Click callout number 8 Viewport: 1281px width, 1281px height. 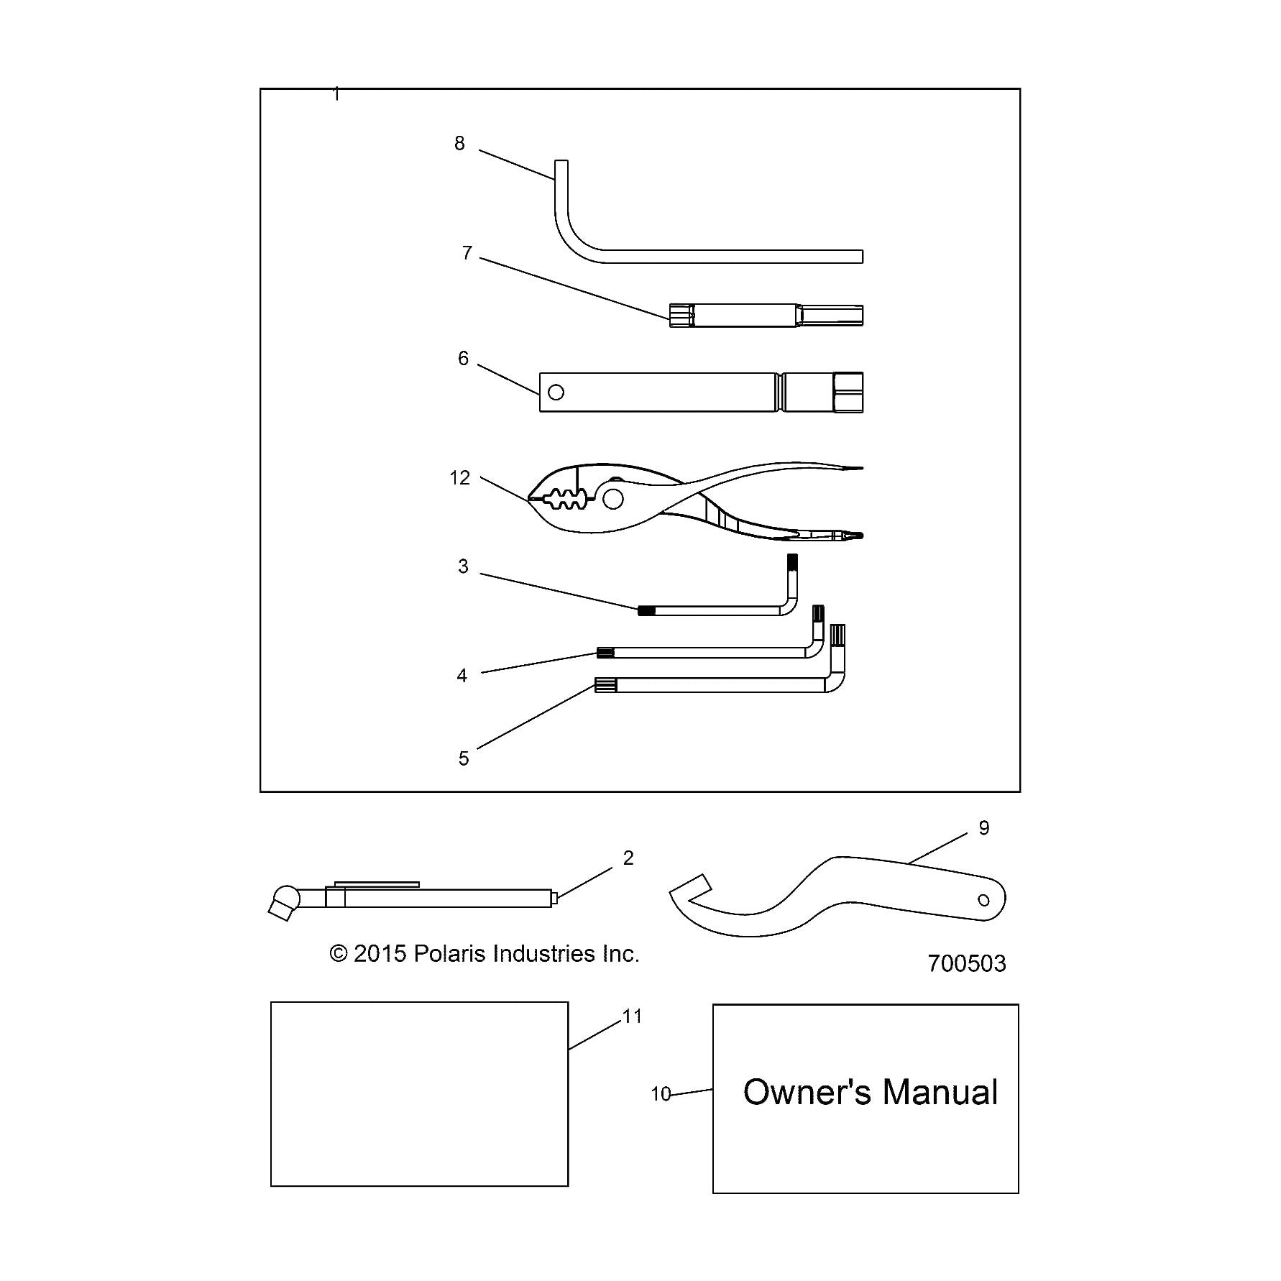click(459, 144)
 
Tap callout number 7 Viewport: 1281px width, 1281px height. click(467, 253)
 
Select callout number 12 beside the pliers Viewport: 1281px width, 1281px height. click(460, 478)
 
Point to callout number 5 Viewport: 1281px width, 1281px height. click(464, 758)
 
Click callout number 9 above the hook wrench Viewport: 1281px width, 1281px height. click(984, 828)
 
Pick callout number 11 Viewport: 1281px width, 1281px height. click(633, 1016)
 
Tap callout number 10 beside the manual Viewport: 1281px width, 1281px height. click(661, 1094)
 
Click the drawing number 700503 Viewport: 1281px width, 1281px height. click(967, 963)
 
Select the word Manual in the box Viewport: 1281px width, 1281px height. click(940, 1092)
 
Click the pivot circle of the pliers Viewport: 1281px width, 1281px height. click(613, 498)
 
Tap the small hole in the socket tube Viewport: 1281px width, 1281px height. click(556, 392)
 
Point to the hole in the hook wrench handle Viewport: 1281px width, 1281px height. click(984, 900)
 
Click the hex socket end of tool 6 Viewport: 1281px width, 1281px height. click(848, 392)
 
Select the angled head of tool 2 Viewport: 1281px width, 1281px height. click(283, 904)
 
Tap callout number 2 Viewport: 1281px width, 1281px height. click(628, 858)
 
